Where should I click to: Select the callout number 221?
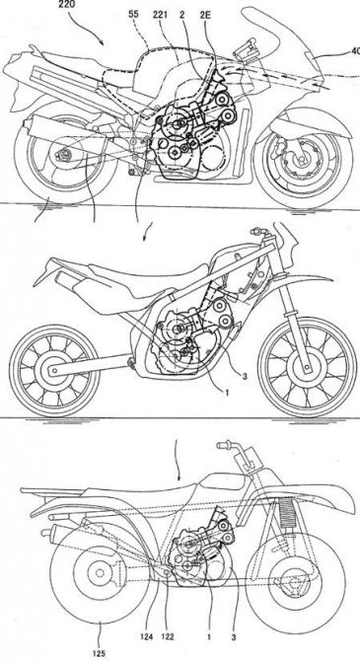(x=161, y=16)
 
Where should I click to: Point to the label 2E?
(x=206, y=16)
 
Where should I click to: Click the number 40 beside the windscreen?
(x=355, y=52)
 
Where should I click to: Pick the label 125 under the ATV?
(x=100, y=654)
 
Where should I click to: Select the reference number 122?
(x=170, y=637)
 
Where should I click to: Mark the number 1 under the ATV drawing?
(x=209, y=637)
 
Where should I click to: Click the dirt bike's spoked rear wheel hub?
(x=52, y=371)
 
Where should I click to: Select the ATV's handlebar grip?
(x=225, y=445)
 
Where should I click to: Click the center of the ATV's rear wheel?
(x=100, y=573)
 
